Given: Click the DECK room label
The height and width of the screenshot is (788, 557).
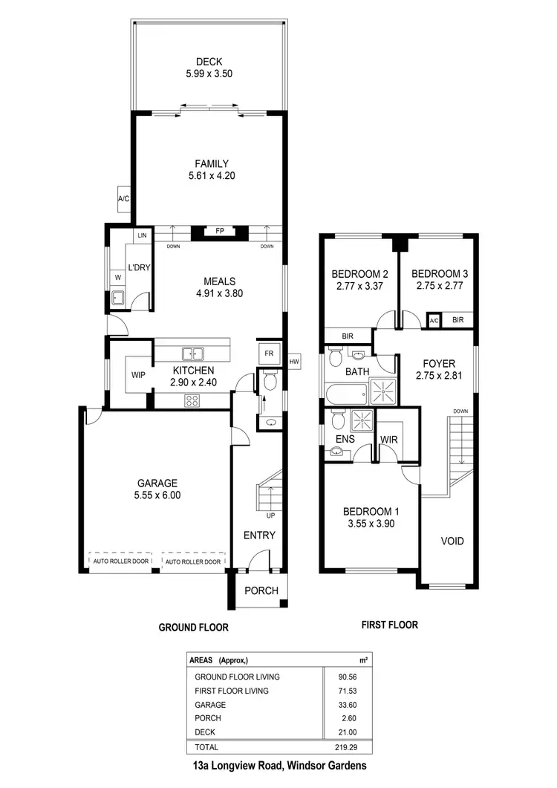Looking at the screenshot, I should pyautogui.click(x=205, y=62).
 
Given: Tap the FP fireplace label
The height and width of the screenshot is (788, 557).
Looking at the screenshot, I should pyautogui.click(x=220, y=231).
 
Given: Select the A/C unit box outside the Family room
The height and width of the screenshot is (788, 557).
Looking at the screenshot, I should pyautogui.click(x=123, y=199).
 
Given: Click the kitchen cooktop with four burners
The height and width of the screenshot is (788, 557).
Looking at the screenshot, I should pyautogui.click(x=192, y=401).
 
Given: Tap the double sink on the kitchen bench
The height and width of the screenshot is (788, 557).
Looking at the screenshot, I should pyautogui.click(x=193, y=354).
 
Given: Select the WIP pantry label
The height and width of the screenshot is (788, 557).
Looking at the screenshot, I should pyautogui.click(x=137, y=376).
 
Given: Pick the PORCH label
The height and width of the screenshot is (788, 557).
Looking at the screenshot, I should pyautogui.click(x=261, y=591).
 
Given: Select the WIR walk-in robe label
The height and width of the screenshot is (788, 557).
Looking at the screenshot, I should pyautogui.click(x=389, y=440).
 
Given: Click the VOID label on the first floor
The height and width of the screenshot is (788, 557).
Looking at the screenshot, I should pyautogui.click(x=452, y=541).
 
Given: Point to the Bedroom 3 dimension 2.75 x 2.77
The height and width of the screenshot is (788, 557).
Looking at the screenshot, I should pyautogui.click(x=439, y=286).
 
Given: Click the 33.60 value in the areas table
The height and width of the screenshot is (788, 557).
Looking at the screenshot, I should pyautogui.click(x=343, y=705).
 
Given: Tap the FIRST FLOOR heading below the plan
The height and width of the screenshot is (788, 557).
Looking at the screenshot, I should pyautogui.click(x=389, y=625).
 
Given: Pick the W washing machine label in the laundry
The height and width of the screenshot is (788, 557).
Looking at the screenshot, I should pyautogui.click(x=117, y=278).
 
